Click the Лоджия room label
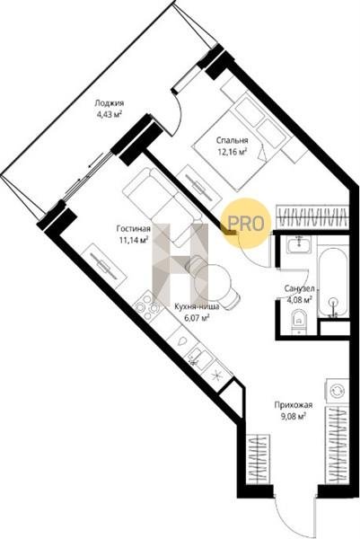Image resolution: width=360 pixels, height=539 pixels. (110, 102)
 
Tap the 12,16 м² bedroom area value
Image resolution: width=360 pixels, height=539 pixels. (233, 151)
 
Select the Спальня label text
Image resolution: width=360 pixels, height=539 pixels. (233, 140)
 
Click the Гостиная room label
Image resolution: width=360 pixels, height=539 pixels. (133, 228)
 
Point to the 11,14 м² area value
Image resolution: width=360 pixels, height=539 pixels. (133, 239)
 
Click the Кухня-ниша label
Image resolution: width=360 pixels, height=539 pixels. (197, 306)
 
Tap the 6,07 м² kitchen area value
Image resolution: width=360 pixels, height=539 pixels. (197, 318)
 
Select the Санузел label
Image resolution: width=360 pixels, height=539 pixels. (299, 288)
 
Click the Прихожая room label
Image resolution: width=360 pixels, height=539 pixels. (294, 405)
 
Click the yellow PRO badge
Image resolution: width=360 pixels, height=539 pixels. (246, 223)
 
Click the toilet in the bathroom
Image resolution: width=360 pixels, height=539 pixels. (299, 322)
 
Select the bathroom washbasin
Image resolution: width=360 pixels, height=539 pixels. (300, 243)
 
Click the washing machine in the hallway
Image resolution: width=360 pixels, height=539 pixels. (336, 391)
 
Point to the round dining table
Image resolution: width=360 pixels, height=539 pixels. (211, 282)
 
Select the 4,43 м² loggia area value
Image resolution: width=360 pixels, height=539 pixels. (110, 114)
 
